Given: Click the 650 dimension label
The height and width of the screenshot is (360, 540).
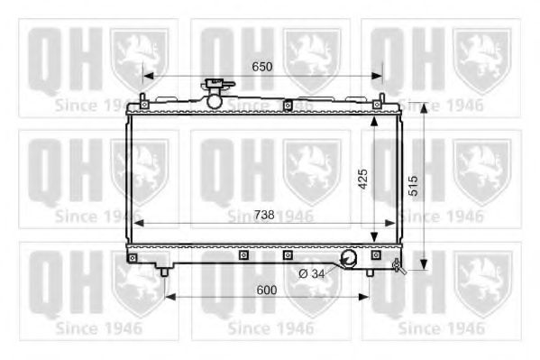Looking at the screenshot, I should tap(261, 68).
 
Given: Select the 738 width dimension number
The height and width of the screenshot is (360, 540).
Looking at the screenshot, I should tap(264, 214).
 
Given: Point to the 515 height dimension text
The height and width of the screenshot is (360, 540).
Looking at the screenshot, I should tap(411, 186).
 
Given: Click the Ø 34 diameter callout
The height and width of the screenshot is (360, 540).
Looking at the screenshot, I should tap(311, 272).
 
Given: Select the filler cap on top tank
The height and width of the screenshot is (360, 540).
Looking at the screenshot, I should tap(215, 94).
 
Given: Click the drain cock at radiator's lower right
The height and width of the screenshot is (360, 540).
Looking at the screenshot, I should tap(398, 265).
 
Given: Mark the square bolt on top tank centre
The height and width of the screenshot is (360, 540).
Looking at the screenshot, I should tap(287, 106).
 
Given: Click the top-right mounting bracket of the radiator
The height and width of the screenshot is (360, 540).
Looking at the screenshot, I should tap(381, 99).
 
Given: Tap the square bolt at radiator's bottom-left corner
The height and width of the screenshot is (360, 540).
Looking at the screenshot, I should tap(133, 258).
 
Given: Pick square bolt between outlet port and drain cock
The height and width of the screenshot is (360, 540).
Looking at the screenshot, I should tap(376, 257).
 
